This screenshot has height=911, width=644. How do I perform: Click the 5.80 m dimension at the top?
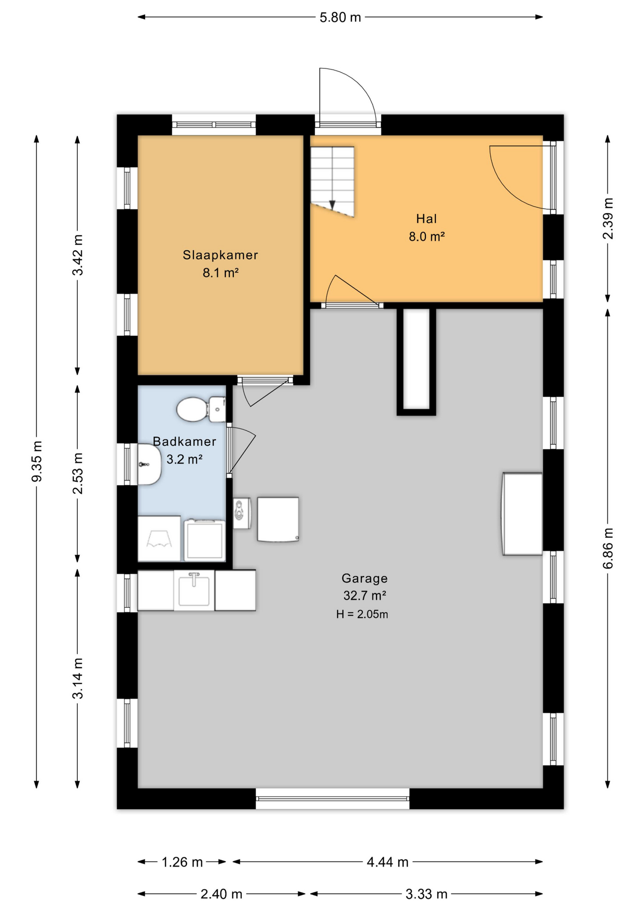[x=340, y=18]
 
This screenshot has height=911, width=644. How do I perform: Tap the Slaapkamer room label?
[x=221, y=255]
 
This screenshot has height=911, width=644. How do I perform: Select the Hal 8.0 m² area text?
[x=426, y=236]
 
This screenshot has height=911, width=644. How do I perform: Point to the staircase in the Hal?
[x=332, y=181]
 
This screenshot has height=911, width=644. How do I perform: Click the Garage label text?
[x=364, y=578]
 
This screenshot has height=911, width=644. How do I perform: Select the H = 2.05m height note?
[x=362, y=614]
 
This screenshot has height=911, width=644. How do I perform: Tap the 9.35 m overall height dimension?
[x=37, y=461]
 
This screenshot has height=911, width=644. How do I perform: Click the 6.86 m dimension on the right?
[x=608, y=548]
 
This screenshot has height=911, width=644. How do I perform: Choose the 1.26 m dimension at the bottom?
[x=182, y=862]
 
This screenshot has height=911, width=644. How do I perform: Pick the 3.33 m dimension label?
[x=426, y=894]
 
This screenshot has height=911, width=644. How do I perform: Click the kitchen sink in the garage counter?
[x=194, y=589]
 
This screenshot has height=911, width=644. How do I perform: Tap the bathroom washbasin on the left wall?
[x=149, y=464]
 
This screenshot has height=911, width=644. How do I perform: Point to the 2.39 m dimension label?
[x=608, y=218]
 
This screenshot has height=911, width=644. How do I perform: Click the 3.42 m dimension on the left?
[x=78, y=255]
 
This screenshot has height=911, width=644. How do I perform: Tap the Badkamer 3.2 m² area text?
[x=184, y=459]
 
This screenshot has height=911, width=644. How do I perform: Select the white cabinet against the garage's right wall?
[x=522, y=513]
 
